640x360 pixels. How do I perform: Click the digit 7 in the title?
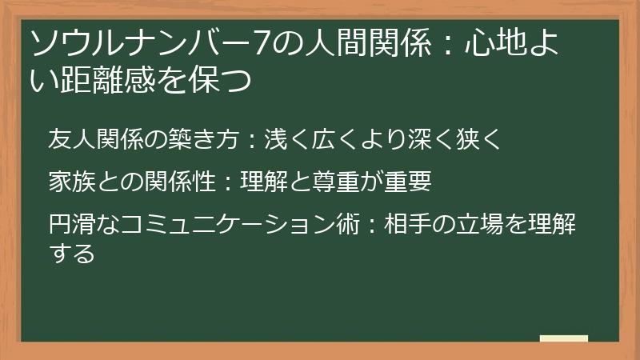(262, 43)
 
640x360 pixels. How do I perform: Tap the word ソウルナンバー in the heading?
(141, 43)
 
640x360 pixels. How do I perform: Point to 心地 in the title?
(495, 42)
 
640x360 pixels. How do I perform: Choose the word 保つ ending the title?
(221, 79)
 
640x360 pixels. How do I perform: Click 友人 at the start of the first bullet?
(72, 138)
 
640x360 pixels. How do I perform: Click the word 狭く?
(478, 138)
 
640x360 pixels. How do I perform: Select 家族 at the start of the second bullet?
(72, 182)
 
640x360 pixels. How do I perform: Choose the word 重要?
(407, 182)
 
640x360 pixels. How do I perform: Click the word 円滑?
(72, 224)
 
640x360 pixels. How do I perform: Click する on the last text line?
(72, 253)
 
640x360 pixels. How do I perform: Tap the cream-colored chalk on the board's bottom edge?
(564, 338)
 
